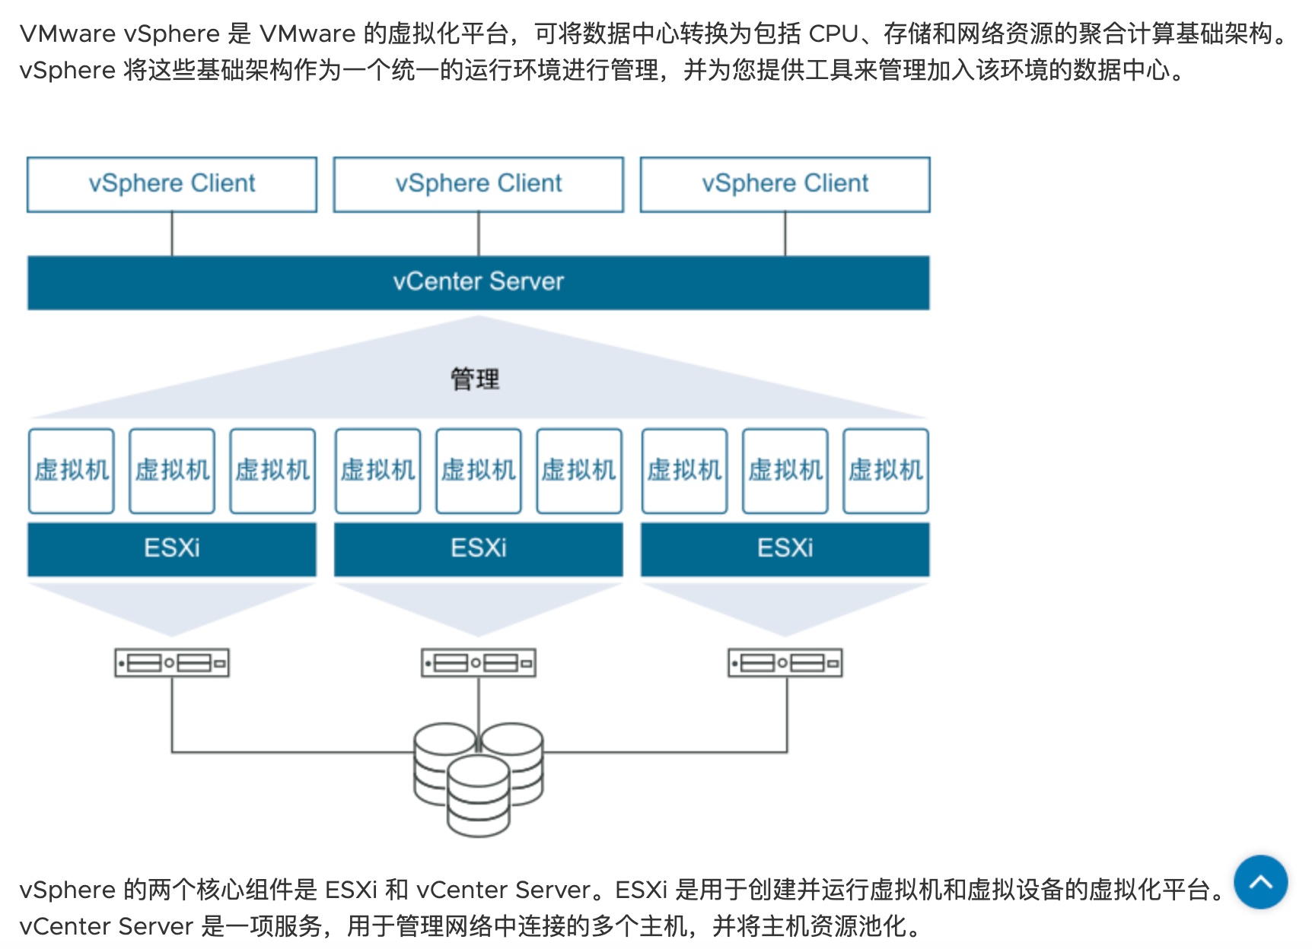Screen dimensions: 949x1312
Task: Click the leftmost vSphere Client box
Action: (172, 184)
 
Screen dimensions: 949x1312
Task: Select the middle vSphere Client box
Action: (479, 184)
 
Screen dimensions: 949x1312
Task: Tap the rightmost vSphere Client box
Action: (785, 184)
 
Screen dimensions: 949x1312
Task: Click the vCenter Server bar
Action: (479, 282)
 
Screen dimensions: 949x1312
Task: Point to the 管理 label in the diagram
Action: (475, 379)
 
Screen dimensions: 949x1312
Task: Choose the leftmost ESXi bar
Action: (172, 548)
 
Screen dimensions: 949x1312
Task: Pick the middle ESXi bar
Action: (479, 548)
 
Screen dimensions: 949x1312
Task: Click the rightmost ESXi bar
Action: (785, 548)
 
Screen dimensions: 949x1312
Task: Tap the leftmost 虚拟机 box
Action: (72, 471)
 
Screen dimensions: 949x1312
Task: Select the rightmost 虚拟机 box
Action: (886, 471)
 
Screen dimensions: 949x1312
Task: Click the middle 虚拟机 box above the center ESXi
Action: (479, 471)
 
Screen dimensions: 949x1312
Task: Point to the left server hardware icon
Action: (172, 663)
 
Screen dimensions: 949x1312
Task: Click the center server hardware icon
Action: (479, 663)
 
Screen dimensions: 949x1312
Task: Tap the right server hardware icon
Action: (785, 663)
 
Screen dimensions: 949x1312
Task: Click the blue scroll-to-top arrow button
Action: (1260, 882)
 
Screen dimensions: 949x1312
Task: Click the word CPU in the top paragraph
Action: (833, 34)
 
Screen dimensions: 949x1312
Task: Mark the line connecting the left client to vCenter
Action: (172, 234)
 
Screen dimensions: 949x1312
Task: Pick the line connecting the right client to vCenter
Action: (785, 234)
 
